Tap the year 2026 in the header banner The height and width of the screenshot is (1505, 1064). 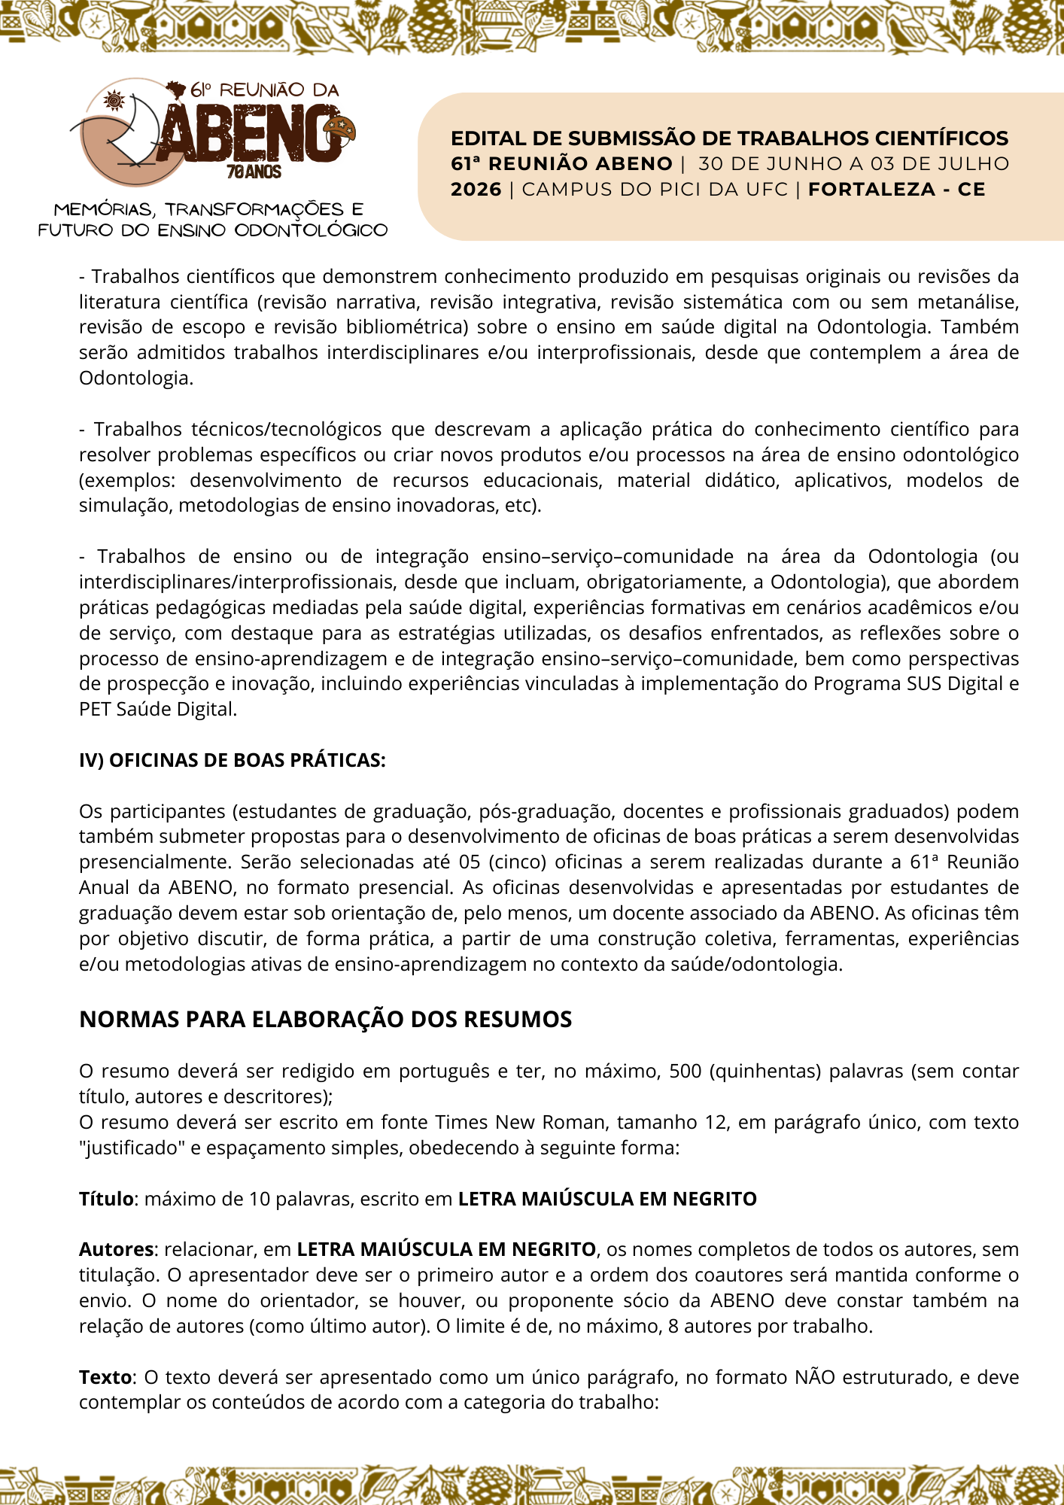476,190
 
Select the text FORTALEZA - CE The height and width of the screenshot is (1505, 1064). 896,190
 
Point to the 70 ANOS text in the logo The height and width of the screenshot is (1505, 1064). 254,172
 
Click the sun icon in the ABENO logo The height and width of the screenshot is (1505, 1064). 114,99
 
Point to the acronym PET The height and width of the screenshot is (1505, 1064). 95,709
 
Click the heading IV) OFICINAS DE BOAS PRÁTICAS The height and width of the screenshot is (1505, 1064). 232,760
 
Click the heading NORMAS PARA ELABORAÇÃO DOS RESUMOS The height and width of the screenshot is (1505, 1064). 325,1020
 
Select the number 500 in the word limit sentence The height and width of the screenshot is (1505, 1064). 685,1071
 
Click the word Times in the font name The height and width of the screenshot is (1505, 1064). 458,1122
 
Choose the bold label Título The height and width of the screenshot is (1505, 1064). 106,1199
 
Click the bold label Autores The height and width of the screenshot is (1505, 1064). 116,1249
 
